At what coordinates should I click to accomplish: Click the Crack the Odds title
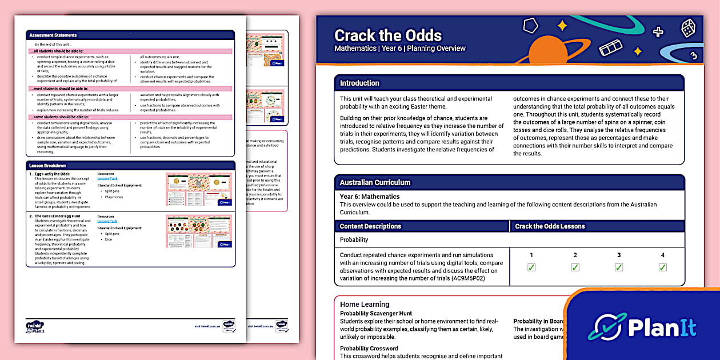coord(388,35)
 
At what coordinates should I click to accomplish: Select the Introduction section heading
coord(359,83)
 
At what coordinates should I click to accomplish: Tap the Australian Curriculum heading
coord(375,182)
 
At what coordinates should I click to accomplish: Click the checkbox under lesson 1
coord(531,267)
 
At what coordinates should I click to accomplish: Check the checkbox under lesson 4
coord(663,267)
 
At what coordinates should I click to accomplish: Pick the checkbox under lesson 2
coord(575,267)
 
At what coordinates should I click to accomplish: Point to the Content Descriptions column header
coord(370,226)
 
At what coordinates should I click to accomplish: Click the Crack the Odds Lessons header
coord(550,226)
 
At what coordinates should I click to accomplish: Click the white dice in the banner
coord(688,28)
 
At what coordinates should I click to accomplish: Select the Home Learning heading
coord(365,305)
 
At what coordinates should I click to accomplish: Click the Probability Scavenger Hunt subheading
coord(375,313)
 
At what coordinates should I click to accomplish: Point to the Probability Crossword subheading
coord(369,349)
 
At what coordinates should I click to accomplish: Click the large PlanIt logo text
coord(662,327)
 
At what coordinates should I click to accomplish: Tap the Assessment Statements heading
coord(53,35)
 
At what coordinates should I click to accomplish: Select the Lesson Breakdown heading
coord(47,166)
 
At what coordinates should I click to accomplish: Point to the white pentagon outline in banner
coord(531,26)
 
